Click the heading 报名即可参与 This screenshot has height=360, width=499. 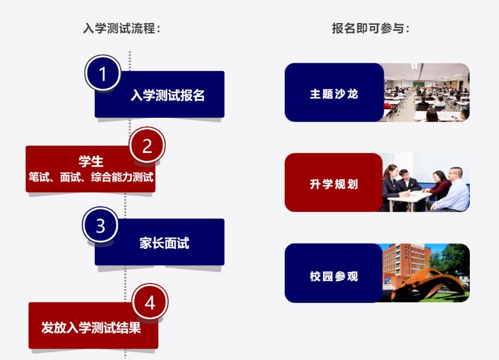tap(370, 28)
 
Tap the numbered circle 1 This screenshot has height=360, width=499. tap(103, 74)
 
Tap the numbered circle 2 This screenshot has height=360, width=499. tap(147, 146)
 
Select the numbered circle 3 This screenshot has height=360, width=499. tap(100, 226)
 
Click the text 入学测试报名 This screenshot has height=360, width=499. tap(168, 96)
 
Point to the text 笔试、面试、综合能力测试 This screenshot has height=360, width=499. tap(90, 177)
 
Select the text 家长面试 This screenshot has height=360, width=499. tap(164, 243)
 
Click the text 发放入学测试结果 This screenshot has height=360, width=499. tap(91, 328)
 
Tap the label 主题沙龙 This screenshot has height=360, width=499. tap(334, 95)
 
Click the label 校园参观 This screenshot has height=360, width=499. tap(334, 276)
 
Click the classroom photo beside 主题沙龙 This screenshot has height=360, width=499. tap(427, 92)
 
